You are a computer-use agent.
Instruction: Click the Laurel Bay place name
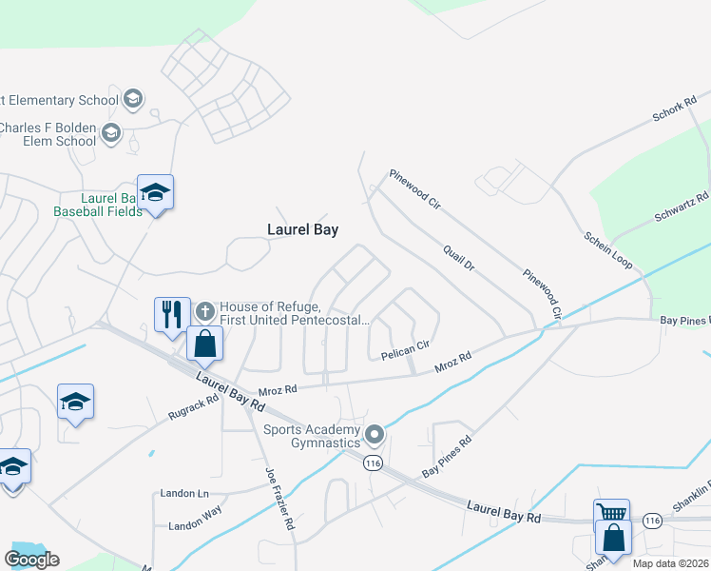(x=302, y=229)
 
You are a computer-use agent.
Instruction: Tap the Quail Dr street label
(x=457, y=255)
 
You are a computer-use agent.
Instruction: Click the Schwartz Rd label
(x=682, y=207)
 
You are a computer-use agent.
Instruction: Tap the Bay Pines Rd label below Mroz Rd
(x=448, y=458)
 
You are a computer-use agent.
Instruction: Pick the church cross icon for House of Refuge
(x=204, y=310)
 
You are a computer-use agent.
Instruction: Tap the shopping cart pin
(x=610, y=514)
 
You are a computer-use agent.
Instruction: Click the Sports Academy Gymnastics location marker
(x=375, y=435)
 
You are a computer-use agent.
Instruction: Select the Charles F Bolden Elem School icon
(x=111, y=132)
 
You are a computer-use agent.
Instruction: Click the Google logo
(x=31, y=560)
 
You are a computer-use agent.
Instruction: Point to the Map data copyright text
(x=670, y=563)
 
